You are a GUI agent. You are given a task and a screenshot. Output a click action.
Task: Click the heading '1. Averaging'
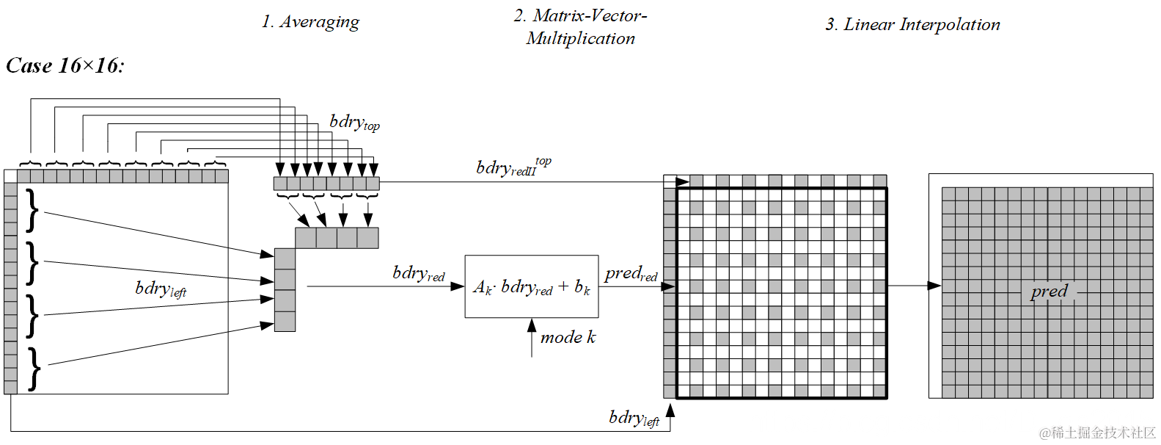click(310, 22)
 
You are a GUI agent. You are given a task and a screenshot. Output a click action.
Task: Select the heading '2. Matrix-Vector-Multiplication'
click(580, 27)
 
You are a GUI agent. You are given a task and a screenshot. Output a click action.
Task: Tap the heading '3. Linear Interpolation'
click(912, 25)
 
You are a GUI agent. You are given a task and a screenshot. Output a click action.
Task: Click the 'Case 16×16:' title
click(65, 66)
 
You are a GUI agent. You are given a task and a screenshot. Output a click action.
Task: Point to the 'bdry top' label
click(354, 123)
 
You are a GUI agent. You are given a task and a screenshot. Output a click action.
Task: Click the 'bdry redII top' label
click(513, 167)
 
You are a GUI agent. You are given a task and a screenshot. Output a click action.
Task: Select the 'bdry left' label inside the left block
click(161, 289)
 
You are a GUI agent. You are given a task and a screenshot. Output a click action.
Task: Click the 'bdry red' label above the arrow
click(418, 273)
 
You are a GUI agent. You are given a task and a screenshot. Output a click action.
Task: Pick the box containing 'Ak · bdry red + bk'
click(532, 286)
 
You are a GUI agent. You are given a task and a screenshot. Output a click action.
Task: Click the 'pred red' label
click(631, 274)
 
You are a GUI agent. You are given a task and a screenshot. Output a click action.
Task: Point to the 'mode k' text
click(568, 338)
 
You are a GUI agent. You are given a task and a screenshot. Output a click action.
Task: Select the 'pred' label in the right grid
click(1049, 292)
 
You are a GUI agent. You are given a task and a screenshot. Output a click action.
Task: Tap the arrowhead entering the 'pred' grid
click(934, 286)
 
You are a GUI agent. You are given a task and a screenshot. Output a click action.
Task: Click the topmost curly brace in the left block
click(32, 211)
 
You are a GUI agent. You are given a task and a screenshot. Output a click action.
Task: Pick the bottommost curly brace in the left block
click(34, 369)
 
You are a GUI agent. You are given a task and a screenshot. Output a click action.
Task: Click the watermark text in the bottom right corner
click(1097, 433)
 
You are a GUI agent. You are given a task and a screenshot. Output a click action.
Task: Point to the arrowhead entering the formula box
click(458, 286)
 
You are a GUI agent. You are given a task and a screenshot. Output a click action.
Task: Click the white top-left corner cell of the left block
click(10, 176)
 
